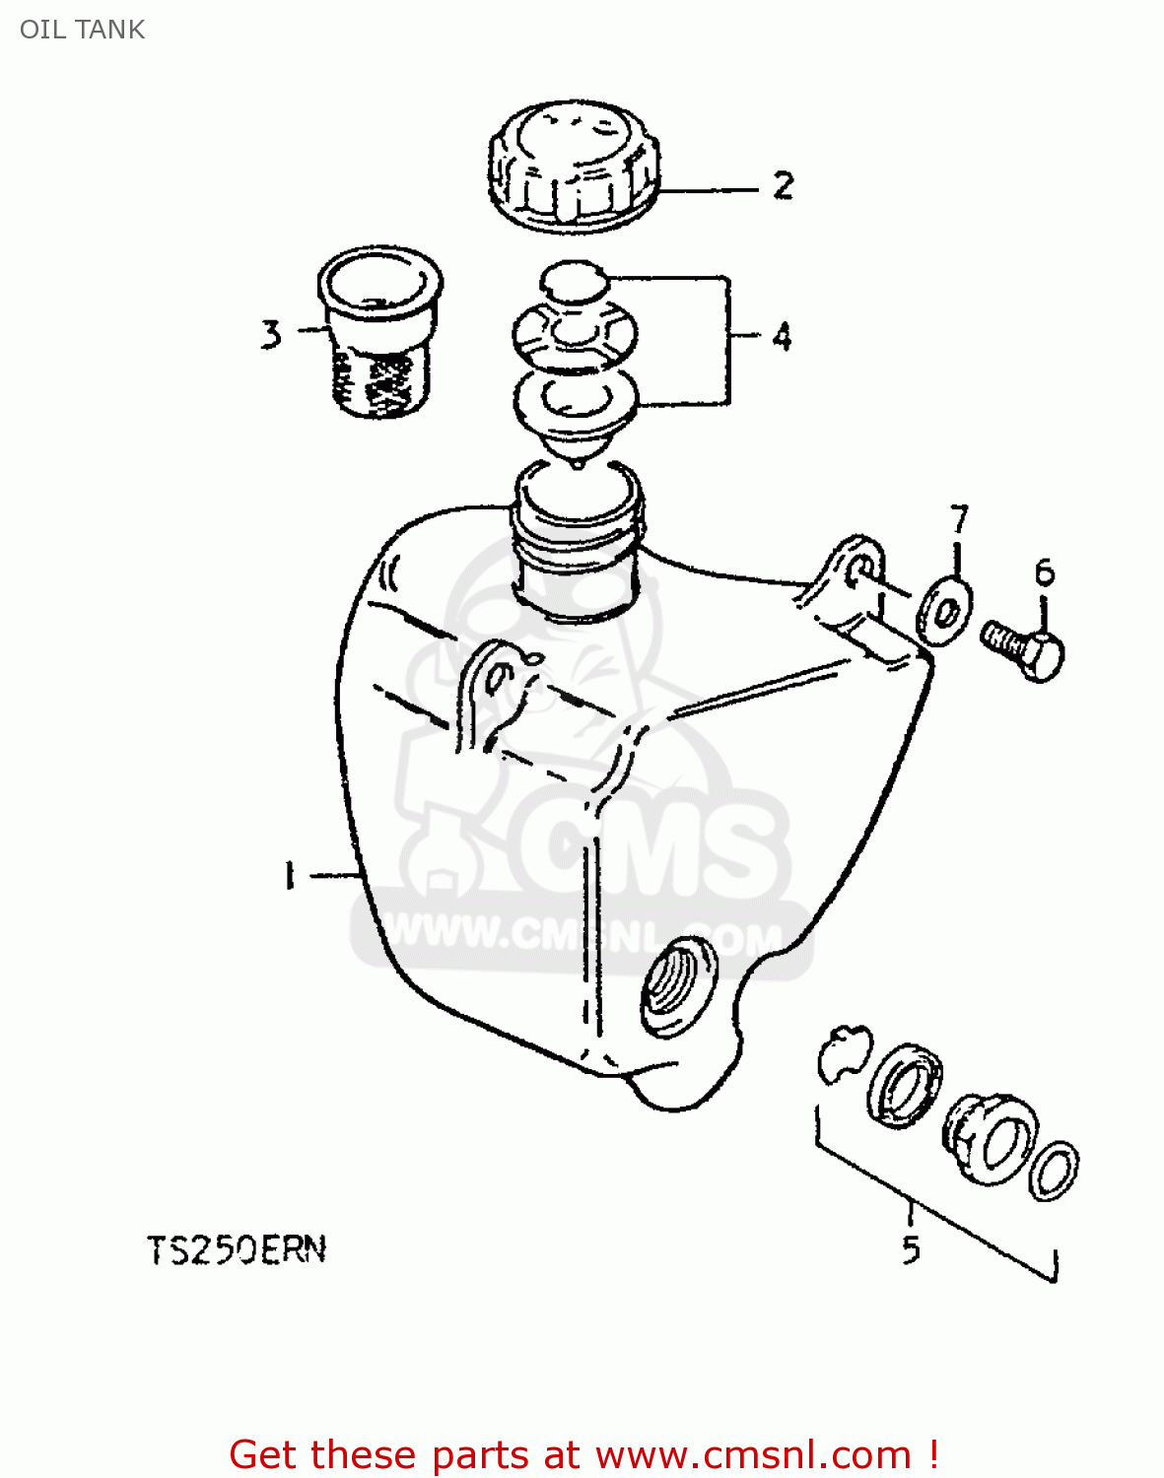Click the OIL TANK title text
(x=83, y=30)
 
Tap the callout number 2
(x=783, y=185)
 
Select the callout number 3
(x=271, y=334)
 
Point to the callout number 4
(x=782, y=337)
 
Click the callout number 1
(x=289, y=875)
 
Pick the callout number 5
(x=911, y=1248)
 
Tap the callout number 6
(x=1045, y=571)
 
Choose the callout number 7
(x=959, y=518)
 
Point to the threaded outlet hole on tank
(x=678, y=985)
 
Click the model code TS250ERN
(x=237, y=1250)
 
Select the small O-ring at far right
(x=1054, y=1172)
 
